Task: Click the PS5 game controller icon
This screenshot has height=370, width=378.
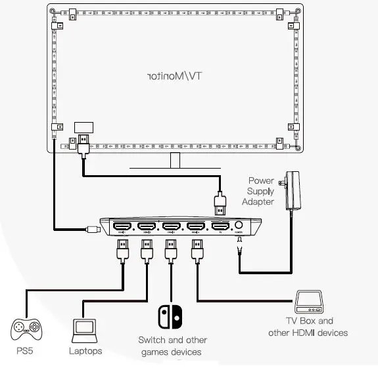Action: point(26,329)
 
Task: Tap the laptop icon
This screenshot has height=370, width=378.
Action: point(84,329)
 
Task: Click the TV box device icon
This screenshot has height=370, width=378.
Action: point(308,302)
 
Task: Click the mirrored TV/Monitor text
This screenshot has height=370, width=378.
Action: point(175,76)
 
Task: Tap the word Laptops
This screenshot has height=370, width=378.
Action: point(85,351)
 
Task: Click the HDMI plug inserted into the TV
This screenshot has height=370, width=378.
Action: point(84,144)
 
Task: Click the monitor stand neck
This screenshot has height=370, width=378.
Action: point(176,161)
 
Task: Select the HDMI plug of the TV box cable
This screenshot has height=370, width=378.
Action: point(195,252)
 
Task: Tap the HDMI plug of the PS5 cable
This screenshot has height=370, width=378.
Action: point(122,252)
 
